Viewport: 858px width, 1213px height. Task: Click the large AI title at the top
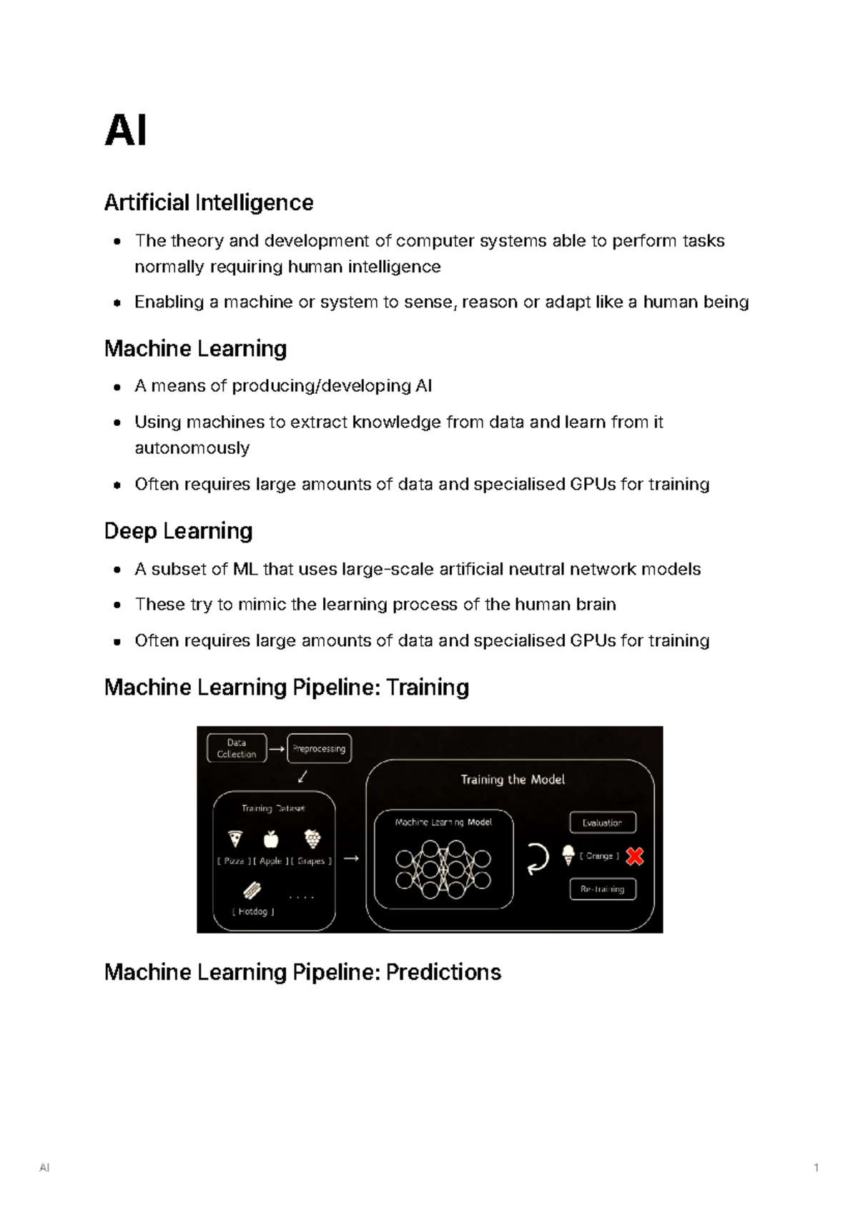pos(126,132)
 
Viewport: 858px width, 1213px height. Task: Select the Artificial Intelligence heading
pos(209,203)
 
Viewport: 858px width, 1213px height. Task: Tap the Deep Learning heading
pos(179,531)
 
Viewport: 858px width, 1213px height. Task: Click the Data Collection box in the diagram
pos(237,748)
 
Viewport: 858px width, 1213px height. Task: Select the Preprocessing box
pos(319,748)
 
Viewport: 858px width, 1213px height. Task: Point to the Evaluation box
pos(602,823)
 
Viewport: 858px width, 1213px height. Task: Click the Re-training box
pos(602,889)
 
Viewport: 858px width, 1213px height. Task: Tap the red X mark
pos(634,856)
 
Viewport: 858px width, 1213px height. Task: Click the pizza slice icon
pos(235,838)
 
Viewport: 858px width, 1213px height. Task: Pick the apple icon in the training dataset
pos(271,838)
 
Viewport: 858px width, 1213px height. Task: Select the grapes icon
pos(312,838)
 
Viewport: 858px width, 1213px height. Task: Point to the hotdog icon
pos(252,890)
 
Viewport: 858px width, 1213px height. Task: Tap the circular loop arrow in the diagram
pos(537,858)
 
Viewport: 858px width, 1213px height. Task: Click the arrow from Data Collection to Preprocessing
pos(277,749)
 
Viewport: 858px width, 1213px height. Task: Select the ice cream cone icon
pos(568,855)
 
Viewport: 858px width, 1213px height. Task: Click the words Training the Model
pos(513,780)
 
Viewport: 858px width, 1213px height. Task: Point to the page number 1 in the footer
pos(816,1168)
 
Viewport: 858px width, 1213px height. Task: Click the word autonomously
pos(192,448)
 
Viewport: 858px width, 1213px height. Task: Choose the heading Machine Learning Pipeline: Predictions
pos(302,972)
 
